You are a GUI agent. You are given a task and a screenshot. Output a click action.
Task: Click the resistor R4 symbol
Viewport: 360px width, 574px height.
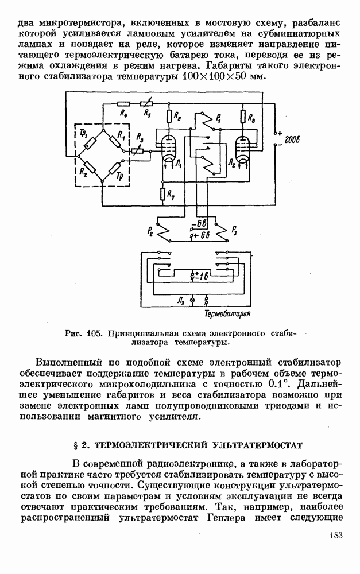pos(124,103)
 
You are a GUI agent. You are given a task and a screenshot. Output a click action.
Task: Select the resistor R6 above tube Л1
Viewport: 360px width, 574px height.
pos(169,117)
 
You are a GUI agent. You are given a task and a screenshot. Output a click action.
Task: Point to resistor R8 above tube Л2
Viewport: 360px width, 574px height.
pos(243,117)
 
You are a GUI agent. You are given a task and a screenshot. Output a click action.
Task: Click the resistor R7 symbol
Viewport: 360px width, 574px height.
pos(162,194)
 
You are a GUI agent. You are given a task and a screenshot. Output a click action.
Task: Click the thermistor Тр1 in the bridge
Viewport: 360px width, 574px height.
pos(90,143)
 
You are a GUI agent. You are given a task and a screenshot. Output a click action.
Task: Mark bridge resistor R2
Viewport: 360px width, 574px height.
pos(90,168)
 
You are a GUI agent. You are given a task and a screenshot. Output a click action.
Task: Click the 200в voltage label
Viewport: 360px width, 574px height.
pos(292,139)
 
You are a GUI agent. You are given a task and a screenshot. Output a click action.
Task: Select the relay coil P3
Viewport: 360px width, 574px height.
pos(222,231)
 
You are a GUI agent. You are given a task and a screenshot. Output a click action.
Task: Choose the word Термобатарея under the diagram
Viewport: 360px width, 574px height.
pos(227,314)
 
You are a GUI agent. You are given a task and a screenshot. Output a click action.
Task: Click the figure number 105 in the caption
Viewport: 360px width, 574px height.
pos(94,334)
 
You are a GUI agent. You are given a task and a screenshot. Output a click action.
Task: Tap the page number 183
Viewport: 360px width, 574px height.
pos(335,535)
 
